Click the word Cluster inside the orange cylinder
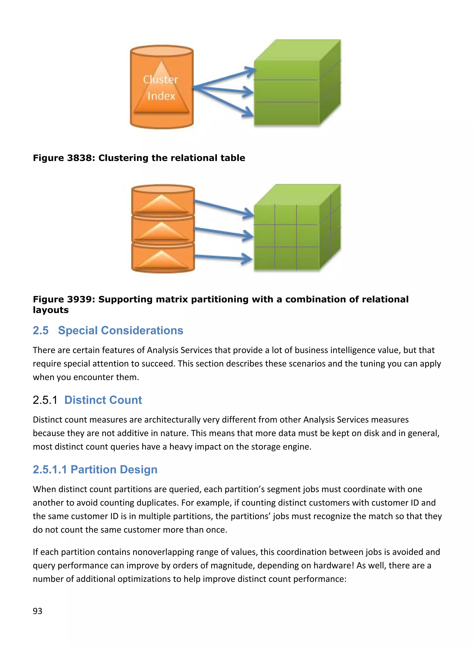pyautogui.click(x=160, y=80)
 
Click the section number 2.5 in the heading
pyautogui.click(x=41, y=330)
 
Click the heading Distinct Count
pyautogui.click(x=103, y=400)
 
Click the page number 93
pyautogui.click(x=37, y=611)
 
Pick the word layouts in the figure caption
pyautogui.click(x=51, y=310)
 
